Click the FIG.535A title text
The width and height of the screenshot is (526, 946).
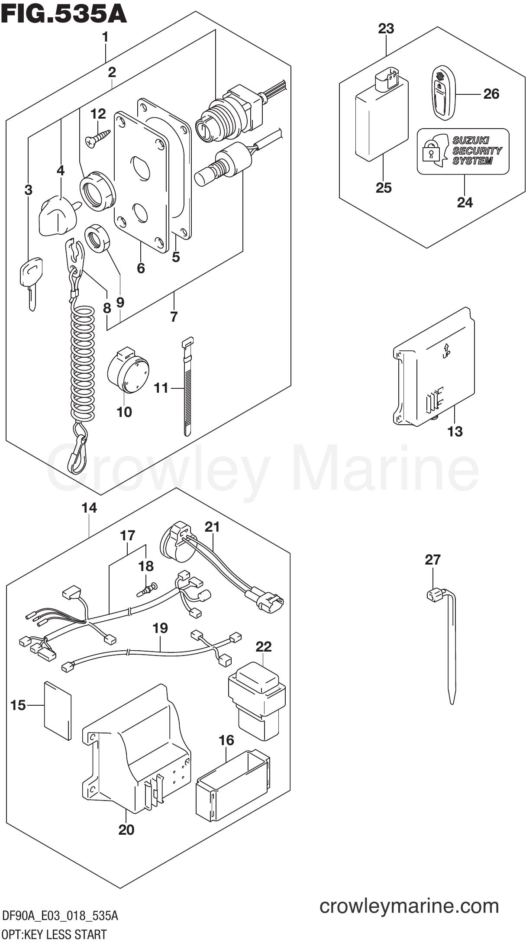pos(64,14)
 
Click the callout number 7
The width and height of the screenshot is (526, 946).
pos(174,316)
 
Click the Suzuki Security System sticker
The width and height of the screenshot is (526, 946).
pos(463,151)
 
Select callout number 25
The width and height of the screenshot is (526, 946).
pos(384,187)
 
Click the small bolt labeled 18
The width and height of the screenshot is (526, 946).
pos(147,589)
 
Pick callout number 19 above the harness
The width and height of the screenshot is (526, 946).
pos(160,628)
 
